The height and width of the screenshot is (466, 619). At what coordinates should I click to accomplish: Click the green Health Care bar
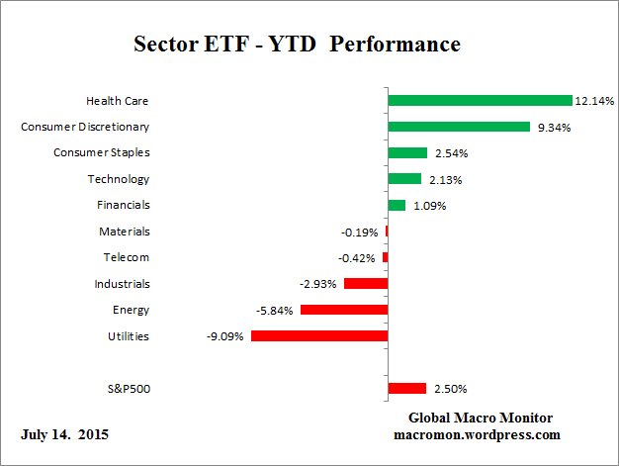pyautogui.click(x=480, y=101)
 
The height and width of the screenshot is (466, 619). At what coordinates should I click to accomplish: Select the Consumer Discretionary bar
pyautogui.click(x=459, y=127)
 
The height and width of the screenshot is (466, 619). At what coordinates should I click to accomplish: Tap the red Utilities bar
pyautogui.click(x=318, y=336)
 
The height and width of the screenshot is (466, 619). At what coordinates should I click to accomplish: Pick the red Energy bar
pyautogui.click(x=343, y=310)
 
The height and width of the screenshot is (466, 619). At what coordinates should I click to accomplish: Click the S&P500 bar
pyautogui.click(x=406, y=389)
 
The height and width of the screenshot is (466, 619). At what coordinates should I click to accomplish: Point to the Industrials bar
pyautogui.click(x=365, y=284)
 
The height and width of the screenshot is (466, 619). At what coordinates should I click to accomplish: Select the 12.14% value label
pyautogui.click(x=594, y=101)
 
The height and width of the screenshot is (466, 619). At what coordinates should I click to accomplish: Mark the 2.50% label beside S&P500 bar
pyautogui.click(x=448, y=389)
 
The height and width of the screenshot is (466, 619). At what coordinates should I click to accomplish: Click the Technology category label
pyautogui.click(x=118, y=179)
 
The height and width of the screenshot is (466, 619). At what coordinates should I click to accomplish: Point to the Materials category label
pyautogui.click(x=124, y=232)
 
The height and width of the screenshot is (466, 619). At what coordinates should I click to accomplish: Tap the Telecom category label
pyautogui.click(x=126, y=257)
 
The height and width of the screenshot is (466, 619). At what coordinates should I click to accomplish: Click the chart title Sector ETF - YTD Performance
pyautogui.click(x=297, y=45)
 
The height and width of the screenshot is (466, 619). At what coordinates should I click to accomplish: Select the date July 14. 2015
pyautogui.click(x=64, y=435)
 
